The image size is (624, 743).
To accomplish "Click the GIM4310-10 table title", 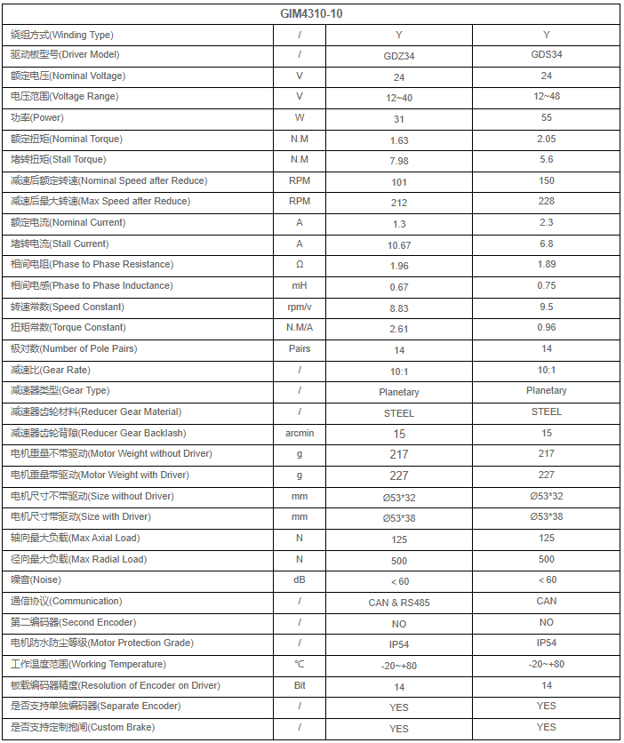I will point(312,14).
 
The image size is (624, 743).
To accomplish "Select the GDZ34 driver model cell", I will point(399,55).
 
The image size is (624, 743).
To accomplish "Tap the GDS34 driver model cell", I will point(546,54).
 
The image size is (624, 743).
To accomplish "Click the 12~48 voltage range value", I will point(546,96).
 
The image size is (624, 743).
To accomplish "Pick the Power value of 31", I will point(399,118).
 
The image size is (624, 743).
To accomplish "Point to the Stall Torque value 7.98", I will point(399,160).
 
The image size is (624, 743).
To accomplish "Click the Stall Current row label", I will point(60,244).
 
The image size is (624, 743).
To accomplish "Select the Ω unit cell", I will point(300,265).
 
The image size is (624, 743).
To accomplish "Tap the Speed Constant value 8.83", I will point(399,308).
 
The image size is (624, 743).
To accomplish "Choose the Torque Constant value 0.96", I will point(546,327).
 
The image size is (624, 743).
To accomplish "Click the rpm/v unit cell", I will point(300,308).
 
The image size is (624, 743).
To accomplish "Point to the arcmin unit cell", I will point(300,433).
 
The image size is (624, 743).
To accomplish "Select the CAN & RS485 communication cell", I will point(399,602).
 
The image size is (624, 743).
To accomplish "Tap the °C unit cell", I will point(300,664).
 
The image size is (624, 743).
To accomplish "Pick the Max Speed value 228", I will point(546,201).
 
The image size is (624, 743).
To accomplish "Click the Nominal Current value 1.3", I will point(399,223).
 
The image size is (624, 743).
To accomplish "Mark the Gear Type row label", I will point(60,391).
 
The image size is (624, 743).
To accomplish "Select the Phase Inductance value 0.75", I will point(546,285).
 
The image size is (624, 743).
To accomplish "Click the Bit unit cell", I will point(300,685).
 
